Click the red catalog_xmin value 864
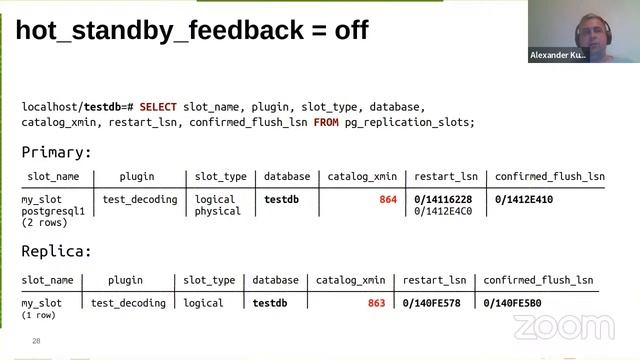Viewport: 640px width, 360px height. click(x=388, y=200)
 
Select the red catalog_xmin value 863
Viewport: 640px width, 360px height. click(x=376, y=303)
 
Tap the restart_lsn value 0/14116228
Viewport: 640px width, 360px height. click(x=444, y=200)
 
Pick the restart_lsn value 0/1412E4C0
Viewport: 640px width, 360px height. click(x=444, y=211)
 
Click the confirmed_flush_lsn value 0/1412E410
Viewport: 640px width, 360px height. click(x=524, y=200)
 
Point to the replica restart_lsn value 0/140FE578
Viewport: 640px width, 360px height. click(x=431, y=303)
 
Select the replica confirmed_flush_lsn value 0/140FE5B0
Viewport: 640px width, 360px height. click(x=512, y=303)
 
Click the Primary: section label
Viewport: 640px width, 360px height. click(x=56, y=153)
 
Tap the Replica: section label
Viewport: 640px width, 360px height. click(x=56, y=252)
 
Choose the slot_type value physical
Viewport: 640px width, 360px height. click(x=218, y=211)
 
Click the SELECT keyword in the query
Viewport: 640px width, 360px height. click(x=158, y=106)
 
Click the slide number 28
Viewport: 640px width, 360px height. click(x=36, y=341)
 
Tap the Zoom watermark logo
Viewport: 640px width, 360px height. click(x=549, y=326)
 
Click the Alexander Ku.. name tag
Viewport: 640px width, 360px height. click(x=557, y=55)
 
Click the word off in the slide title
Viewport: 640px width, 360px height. click(x=343, y=30)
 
